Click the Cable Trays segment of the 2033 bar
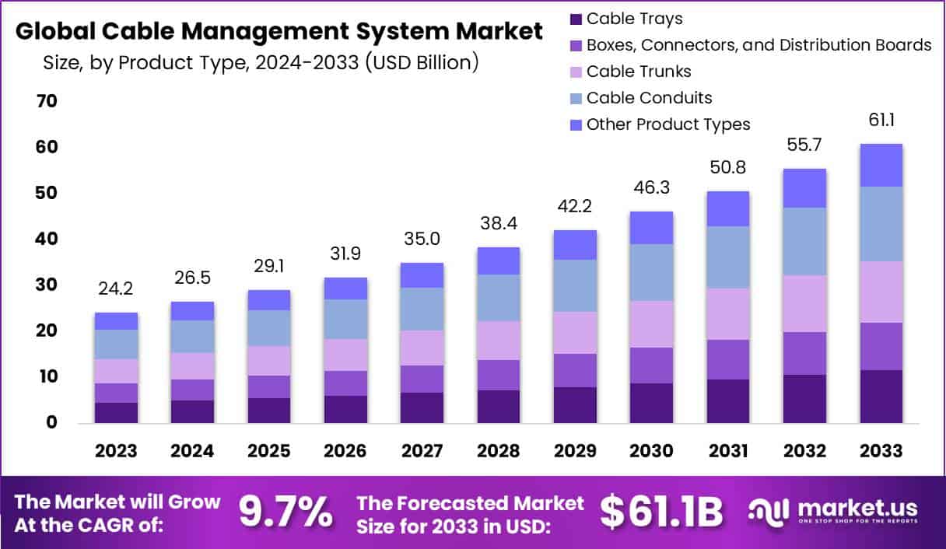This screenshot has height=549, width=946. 881,397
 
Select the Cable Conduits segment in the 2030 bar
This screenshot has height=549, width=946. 651,273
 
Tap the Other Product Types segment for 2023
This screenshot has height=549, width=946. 116,321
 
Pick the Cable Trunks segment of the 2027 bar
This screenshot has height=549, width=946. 422,348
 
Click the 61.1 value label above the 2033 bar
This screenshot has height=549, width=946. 881,121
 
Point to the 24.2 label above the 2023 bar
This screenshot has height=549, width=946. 116,289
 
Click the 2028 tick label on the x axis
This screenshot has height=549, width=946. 498,451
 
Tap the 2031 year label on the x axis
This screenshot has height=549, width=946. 727,451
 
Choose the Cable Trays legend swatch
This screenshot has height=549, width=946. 576,19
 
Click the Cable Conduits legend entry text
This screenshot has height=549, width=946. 649,98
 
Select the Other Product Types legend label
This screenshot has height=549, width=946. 668,124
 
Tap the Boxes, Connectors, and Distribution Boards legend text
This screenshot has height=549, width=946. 759,45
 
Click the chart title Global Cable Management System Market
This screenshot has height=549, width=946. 279,32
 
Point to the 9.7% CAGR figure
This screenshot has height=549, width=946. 285,512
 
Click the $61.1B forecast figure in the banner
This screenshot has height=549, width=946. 661,512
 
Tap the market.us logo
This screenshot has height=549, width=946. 832,512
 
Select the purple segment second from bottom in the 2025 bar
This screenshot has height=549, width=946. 268,387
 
